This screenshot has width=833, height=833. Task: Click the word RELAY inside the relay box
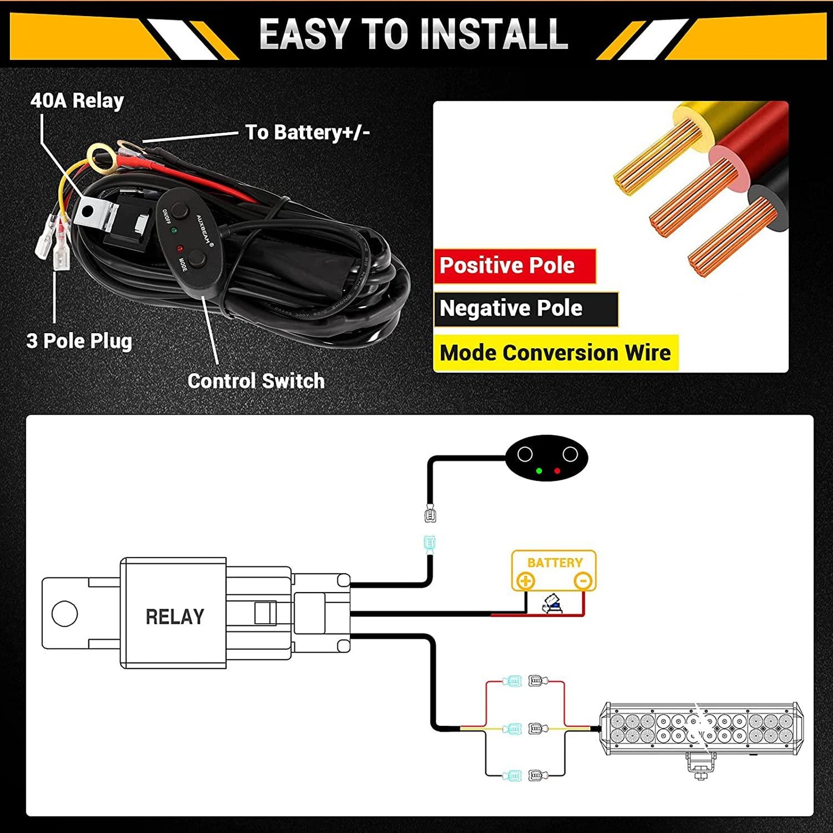coord(175,617)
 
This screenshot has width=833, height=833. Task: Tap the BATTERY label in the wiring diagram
coord(555,563)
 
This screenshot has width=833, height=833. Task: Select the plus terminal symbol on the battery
coord(525,581)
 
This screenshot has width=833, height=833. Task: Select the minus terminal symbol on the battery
coord(583,581)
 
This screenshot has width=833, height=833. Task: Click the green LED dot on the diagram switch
coord(539,471)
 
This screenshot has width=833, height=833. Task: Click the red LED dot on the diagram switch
coord(557,471)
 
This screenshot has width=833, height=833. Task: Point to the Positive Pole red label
coord(507,266)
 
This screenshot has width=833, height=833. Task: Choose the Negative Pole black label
coord(511,308)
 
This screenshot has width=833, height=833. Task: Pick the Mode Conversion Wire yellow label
coord(555,353)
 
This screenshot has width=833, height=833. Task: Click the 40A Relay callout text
coord(77,101)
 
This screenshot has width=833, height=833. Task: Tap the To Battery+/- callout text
coord(307,133)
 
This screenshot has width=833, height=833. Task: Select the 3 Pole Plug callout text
coord(80,341)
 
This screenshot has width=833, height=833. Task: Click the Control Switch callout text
coord(256,381)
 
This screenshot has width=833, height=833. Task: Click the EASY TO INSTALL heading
coord(413,34)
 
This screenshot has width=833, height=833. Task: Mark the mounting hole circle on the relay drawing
coord(65,614)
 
